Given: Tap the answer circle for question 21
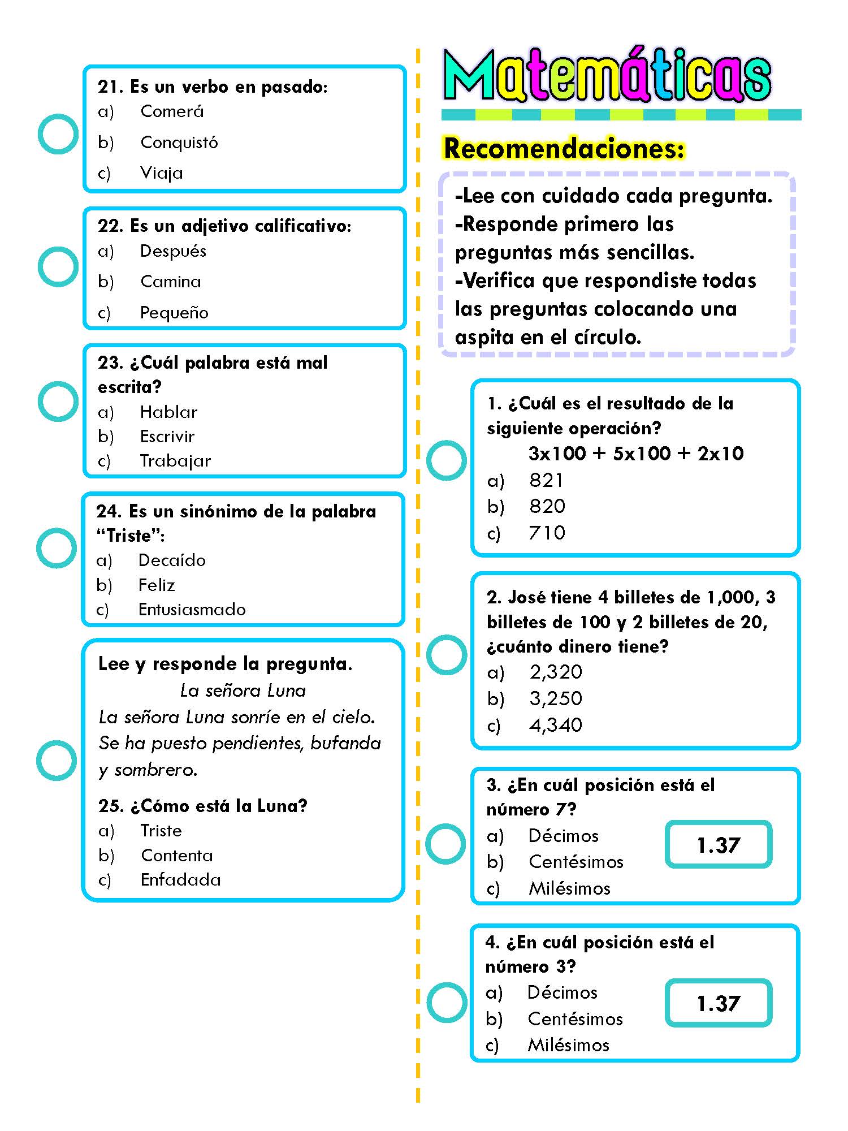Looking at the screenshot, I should click(x=58, y=134).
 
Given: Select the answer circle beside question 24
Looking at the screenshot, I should click(x=57, y=548).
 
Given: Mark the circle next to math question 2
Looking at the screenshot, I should click(x=447, y=655).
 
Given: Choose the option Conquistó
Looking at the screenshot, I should click(x=179, y=142).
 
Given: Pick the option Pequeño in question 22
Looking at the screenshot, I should click(x=174, y=312).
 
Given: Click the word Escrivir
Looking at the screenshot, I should click(x=167, y=436).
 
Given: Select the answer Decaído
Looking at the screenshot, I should click(x=172, y=560).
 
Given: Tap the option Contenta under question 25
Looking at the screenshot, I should click(x=177, y=855).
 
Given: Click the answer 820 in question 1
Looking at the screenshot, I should click(x=547, y=506).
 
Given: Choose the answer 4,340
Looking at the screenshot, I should click(x=556, y=725).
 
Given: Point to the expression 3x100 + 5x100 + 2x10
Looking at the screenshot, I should click(x=636, y=453).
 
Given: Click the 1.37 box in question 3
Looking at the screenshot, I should click(x=719, y=845).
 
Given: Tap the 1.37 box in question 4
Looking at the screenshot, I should click(x=719, y=1003).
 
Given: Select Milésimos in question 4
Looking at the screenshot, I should click(x=568, y=1045).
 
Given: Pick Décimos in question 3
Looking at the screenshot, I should click(x=563, y=836).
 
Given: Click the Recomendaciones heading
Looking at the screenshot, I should click(x=564, y=148).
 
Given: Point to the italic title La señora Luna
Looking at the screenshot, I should click(x=243, y=690).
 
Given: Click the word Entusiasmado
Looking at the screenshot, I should click(x=192, y=609).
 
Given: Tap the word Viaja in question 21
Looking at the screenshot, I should click(x=162, y=172).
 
